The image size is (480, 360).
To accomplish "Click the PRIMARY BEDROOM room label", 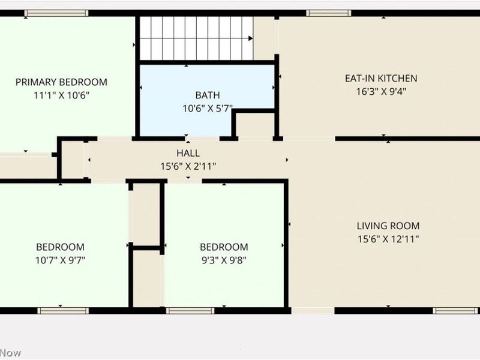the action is click(61, 82).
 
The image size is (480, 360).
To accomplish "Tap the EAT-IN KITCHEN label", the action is click(381, 79).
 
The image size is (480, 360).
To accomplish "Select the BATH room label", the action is click(208, 95).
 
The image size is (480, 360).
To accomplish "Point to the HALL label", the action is click(188, 153).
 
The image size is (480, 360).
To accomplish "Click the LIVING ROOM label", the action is click(388, 226).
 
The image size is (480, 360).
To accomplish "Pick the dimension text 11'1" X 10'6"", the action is click(61, 95).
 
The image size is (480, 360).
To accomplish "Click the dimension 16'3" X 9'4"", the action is click(381, 92).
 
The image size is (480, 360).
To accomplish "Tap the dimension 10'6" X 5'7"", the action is click(208, 109).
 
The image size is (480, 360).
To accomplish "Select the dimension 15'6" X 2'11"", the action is click(188, 166).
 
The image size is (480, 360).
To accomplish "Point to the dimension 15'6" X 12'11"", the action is click(388, 239).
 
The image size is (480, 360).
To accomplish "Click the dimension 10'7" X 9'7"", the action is click(61, 260).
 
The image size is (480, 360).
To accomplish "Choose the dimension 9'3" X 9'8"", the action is click(224, 260).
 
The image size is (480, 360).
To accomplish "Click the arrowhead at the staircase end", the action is click(250, 38).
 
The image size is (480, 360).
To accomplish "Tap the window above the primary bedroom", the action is click(56, 13).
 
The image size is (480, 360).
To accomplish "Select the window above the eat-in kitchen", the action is click(328, 13).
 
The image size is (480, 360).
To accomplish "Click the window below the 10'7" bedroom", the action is click(63, 311).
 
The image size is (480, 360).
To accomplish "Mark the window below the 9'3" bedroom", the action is click(190, 311).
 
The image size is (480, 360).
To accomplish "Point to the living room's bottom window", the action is click(455, 311).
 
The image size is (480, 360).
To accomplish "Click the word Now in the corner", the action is click(10, 353).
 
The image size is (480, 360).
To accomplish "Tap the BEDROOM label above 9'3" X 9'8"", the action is click(224, 247).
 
